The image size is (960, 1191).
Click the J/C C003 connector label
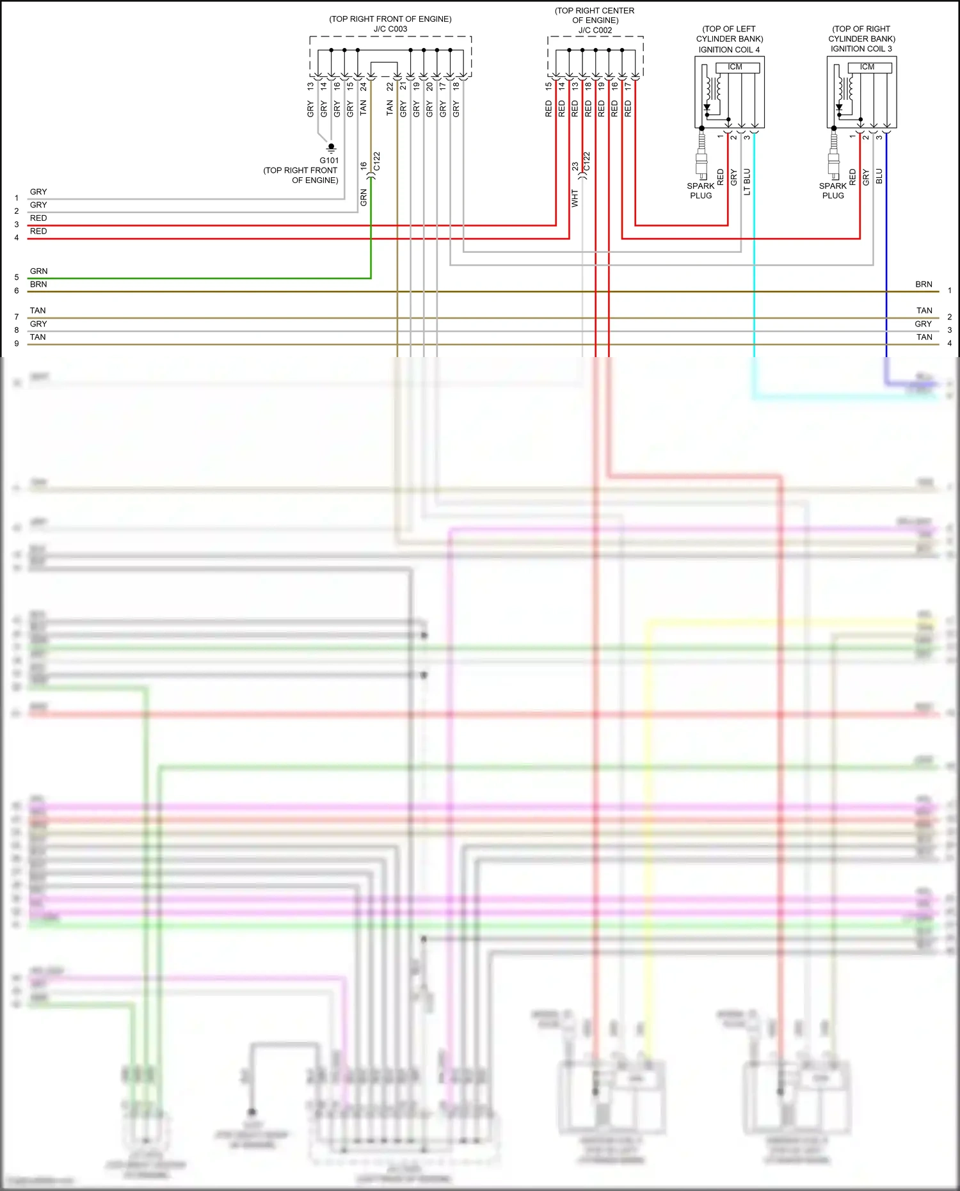point(390,29)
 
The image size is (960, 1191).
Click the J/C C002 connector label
point(595,30)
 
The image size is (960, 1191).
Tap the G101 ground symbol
point(331,148)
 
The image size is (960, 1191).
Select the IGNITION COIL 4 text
point(729,49)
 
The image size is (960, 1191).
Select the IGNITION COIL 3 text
point(861,49)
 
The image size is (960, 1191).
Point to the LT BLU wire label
point(747,182)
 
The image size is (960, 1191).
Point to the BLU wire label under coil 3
point(879,176)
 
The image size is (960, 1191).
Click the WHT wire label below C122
point(575,198)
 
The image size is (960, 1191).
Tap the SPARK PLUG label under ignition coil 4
point(701,191)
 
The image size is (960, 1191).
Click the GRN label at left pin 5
point(38,271)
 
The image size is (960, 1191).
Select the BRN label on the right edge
point(924,284)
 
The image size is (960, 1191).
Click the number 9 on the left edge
point(17,344)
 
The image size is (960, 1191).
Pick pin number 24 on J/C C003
point(363,86)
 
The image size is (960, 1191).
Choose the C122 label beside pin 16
point(377,161)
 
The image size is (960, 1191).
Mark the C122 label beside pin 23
point(587,161)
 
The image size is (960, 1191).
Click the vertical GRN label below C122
point(364,198)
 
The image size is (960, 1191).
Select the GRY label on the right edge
point(923,324)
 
